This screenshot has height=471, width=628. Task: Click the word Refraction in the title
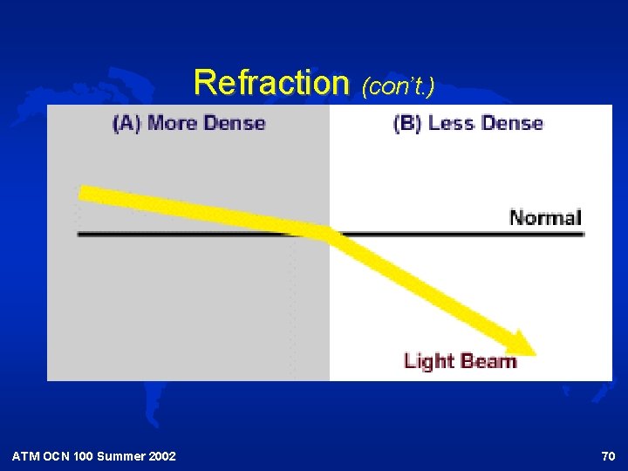(270, 83)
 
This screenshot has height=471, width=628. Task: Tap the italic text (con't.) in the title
(399, 85)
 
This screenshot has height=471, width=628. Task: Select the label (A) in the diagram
(127, 123)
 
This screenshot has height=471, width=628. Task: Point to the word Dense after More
(233, 123)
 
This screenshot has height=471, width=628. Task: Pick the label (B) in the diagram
(408, 123)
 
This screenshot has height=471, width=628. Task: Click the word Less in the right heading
(450, 123)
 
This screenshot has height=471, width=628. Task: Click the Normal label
(545, 217)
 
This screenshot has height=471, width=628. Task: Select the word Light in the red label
(428, 360)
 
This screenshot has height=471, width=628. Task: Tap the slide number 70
(608, 456)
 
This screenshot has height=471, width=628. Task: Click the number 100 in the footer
(84, 456)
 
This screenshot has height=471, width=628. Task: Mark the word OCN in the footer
(57, 456)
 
